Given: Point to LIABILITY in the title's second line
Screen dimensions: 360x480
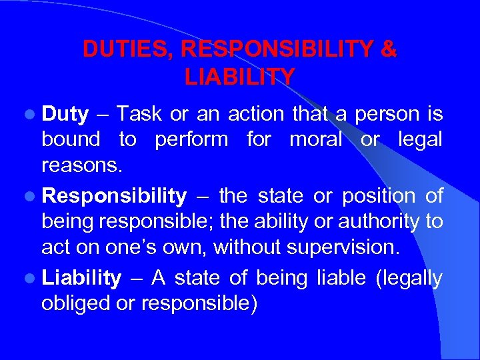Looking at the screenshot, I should tap(239, 77).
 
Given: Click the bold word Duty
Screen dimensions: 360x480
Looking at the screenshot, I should tap(65, 115).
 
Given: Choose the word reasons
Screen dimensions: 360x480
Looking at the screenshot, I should tap(82, 166).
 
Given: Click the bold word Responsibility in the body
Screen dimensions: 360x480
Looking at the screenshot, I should tap(114, 196).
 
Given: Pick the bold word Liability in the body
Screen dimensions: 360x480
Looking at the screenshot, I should tap(81, 277).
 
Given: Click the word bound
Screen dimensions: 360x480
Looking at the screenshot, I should tap(70, 140).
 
